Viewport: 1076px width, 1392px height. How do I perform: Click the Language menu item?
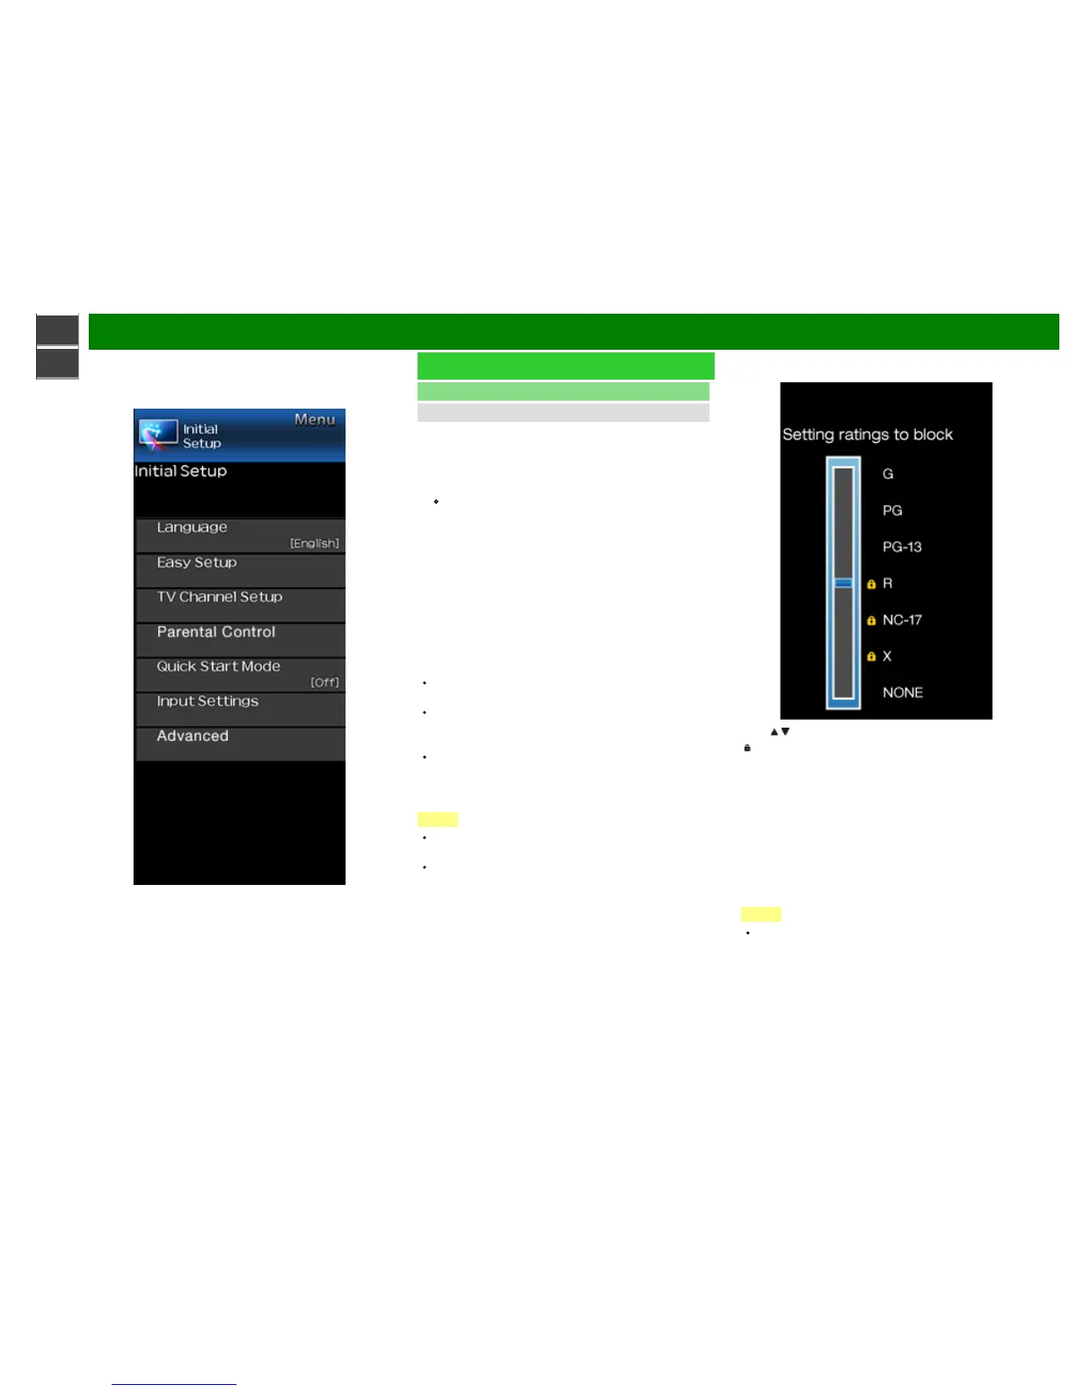coord(193,527)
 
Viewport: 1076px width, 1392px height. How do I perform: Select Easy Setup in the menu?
coord(197,562)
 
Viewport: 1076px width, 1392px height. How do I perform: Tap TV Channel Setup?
coord(220,597)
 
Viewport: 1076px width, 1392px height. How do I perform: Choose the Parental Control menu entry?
coord(216,632)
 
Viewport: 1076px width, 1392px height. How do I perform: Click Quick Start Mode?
coord(219,666)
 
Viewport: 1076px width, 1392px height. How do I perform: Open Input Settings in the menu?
coord(207,701)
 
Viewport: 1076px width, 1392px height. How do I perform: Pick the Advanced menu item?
coord(193,736)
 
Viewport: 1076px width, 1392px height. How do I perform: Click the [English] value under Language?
coord(314,543)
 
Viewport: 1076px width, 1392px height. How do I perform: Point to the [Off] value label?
coord(324,682)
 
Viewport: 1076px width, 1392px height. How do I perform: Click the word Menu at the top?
coord(315,420)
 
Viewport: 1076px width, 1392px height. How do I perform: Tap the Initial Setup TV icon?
coord(158,434)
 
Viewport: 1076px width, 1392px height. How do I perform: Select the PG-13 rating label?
coord(902,547)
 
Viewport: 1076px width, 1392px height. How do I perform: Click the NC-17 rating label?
coord(902,620)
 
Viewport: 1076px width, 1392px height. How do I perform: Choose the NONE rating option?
coord(902,692)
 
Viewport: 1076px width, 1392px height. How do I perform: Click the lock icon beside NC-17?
coord(871,620)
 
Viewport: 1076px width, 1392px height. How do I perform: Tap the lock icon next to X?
coord(871,656)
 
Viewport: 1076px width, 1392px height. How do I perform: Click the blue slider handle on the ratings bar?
coord(843,583)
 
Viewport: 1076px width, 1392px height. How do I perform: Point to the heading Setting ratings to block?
coord(868,434)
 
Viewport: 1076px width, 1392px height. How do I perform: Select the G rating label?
coord(888,474)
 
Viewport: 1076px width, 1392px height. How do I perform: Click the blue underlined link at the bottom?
coord(174,1383)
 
